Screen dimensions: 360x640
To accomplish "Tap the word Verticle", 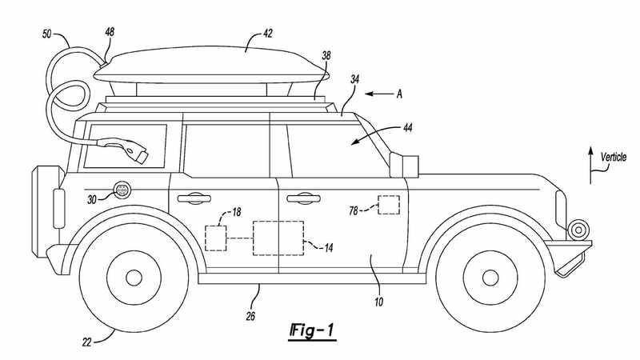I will click(613, 158).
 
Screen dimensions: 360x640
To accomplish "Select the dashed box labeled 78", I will click(389, 205).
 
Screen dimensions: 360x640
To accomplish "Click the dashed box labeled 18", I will click(216, 238).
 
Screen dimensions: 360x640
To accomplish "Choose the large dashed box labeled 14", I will click(278, 238).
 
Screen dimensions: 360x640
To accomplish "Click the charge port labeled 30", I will click(123, 190).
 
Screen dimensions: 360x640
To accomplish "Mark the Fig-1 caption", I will click(311, 330).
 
